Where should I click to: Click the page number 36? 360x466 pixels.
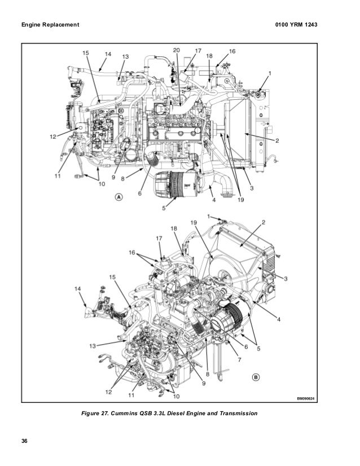25,440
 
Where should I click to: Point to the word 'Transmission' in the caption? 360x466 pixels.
237,414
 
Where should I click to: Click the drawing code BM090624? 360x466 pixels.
308,399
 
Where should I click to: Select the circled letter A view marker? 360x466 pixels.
118,197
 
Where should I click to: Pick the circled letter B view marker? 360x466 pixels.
254,377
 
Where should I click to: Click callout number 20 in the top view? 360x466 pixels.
177,51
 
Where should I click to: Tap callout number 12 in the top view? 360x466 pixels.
52,136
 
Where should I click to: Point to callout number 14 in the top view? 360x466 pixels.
108,54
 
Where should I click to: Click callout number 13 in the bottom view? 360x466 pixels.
91,346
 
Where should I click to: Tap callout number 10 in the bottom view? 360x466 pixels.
176,397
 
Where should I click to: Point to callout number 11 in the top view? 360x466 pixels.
57,176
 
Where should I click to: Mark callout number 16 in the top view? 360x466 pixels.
232,51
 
